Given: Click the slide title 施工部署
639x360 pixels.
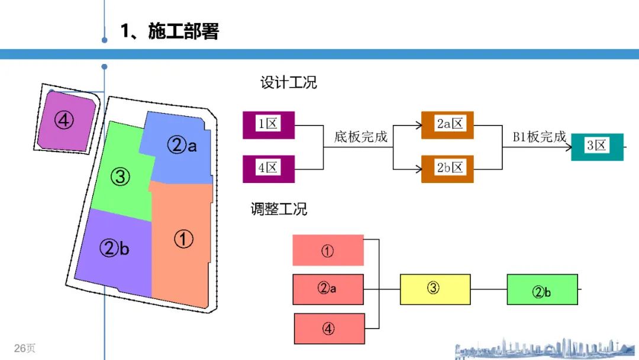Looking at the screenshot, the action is pyautogui.click(x=183, y=31).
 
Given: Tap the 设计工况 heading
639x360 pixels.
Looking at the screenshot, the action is pyautogui.click(x=289, y=82).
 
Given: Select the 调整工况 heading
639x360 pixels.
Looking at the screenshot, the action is pyautogui.click(x=279, y=209).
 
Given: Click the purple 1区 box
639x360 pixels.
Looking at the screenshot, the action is pyautogui.click(x=269, y=125).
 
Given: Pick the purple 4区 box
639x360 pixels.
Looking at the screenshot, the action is pyautogui.click(x=269, y=169).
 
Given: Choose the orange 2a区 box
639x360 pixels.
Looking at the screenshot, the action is pyautogui.click(x=447, y=125).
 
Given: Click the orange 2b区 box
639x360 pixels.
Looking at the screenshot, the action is pyautogui.click(x=447, y=169).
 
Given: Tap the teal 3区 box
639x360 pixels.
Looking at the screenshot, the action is pyautogui.click(x=597, y=147).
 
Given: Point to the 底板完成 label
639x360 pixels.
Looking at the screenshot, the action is pyautogui.click(x=361, y=137).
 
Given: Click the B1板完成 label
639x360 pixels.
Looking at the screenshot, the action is pyautogui.click(x=540, y=137).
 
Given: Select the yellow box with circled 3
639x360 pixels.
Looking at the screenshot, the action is pyautogui.click(x=435, y=290).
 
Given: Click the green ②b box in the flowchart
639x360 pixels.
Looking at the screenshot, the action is pyautogui.click(x=543, y=290).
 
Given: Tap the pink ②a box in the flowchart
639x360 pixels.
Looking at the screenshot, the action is pyautogui.click(x=328, y=290).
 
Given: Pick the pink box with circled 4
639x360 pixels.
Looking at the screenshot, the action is pyautogui.click(x=330, y=329).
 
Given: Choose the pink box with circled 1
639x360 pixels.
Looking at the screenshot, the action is pyautogui.click(x=328, y=250).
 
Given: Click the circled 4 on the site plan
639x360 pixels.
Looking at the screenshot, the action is pyautogui.click(x=64, y=120).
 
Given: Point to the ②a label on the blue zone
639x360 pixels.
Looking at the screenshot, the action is pyautogui.click(x=182, y=144).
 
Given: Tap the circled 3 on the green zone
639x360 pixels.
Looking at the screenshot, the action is pyautogui.click(x=120, y=176).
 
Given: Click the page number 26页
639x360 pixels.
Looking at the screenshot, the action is pyautogui.click(x=24, y=348).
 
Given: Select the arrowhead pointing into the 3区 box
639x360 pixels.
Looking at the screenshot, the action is pyautogui.click(x=569, y=147).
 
